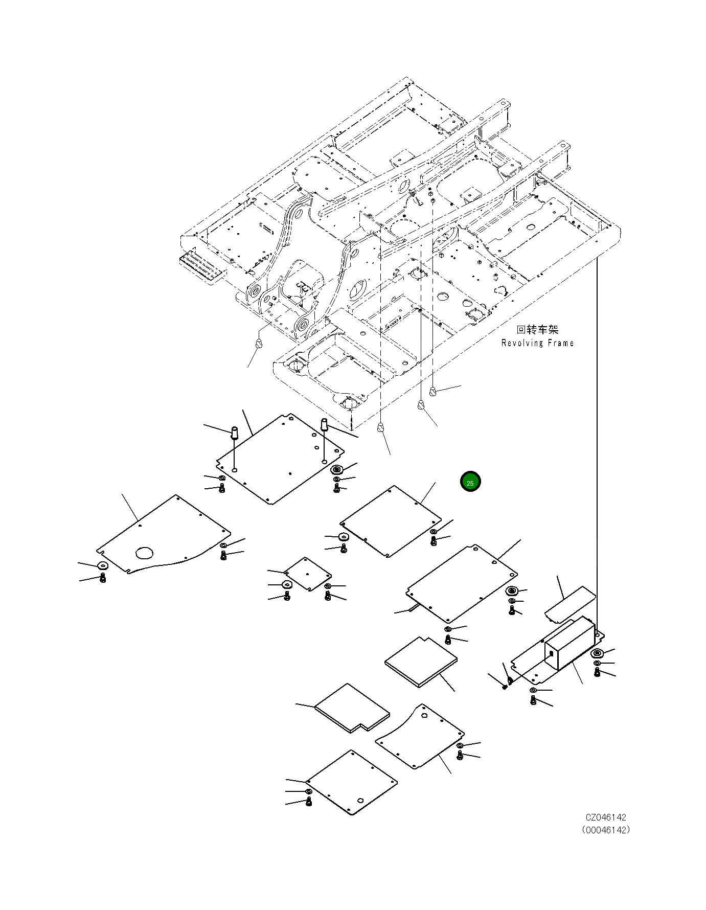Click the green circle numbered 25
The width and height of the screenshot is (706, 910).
coord(470,482)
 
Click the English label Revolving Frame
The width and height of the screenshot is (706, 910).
coord(537,343)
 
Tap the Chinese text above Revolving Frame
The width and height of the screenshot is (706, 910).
coord(537,330)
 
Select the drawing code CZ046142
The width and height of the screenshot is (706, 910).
coord(606,818)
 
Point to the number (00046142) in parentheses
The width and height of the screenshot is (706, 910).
coord(606,830)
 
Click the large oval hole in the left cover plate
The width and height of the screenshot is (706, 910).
coord(145,552)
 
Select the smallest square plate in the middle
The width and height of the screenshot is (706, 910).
coord(307,574)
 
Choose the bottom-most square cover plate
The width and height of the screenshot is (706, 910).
coord(352,782)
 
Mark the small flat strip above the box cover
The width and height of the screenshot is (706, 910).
coord(570,604)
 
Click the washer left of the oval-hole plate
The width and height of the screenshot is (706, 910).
coord(103,566)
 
